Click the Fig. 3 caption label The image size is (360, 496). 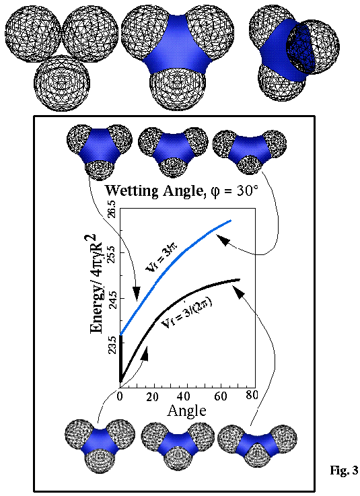click(344, 470)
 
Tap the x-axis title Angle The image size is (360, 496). click(186, 411)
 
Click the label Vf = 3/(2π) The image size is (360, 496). click(186, 314)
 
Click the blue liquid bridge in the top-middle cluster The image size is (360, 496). click(176, 48)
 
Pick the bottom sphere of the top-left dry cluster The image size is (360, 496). click(62, 82)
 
